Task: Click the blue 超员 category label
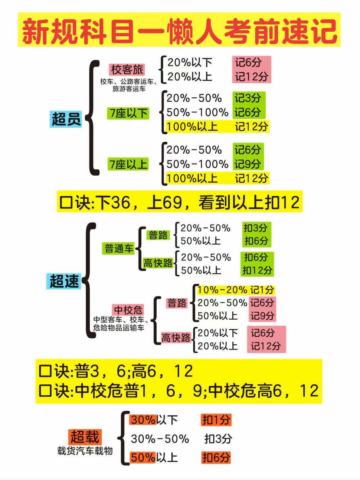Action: [x=66, y=119]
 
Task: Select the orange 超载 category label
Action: [x=85, y=437]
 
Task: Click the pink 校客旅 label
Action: [x=127, y=70]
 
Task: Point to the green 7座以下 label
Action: [x=128, y=113]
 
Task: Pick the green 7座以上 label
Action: [x=128, y=164]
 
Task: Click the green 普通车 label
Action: [x=119, y=248]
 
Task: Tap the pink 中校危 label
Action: [x=128, y=310]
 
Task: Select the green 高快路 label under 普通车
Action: [x=158, y=263]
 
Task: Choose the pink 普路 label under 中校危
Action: [x=177, y=303]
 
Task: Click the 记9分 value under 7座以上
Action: [x=248, y=164]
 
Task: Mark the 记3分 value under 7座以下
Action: [x=248, y=98]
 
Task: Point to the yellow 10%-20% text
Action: [x=222, y=290]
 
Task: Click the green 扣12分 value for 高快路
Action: [x=257, y=270]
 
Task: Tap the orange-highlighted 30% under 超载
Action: [x=143, y=420]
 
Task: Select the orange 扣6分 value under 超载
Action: [x=216, y=457]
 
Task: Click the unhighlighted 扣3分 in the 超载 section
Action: [x=218, y=439]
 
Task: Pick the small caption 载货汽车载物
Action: [x=85, y=451]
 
